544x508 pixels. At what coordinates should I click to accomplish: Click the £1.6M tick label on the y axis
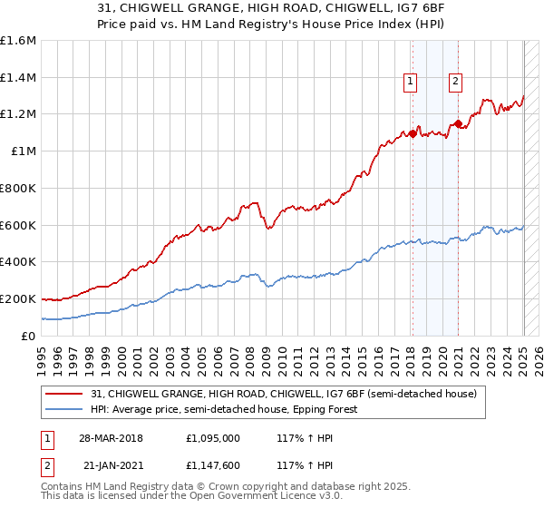pos(18,41)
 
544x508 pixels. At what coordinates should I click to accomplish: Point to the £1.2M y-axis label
pos(18,114)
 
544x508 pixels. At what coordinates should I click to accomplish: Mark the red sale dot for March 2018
pos(413,133)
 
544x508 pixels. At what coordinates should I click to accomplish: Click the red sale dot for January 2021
pos(458,123)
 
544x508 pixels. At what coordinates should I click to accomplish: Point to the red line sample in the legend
pos(65,394)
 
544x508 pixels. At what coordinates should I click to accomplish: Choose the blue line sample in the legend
pos(65,409)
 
